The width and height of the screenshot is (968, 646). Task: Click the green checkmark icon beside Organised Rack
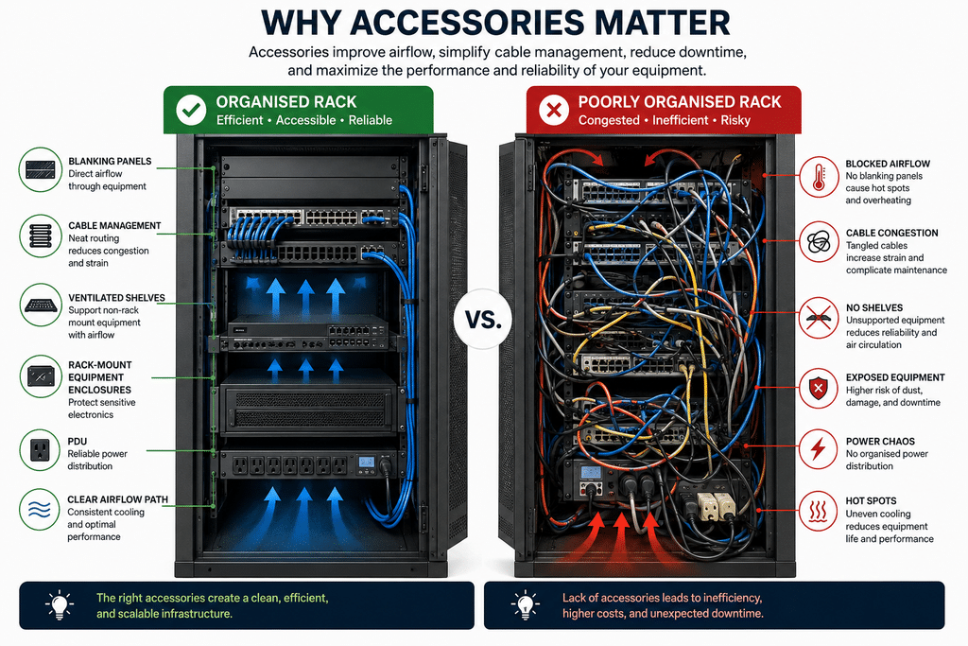tap(191, 110)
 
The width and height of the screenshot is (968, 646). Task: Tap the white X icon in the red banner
tap(554, 110)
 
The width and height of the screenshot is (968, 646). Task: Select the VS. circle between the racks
tap(483, 320)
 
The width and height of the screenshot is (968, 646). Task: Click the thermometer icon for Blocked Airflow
tap(819, 177)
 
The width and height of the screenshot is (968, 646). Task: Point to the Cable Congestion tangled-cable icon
tap(819, 241)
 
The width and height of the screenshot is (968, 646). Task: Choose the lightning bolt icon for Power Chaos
tap(819, 449)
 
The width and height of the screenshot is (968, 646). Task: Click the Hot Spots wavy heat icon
tap(819, 511)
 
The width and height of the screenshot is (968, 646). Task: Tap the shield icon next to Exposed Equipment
tap(819, 388)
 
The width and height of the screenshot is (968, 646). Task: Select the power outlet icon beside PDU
tap(40, 450)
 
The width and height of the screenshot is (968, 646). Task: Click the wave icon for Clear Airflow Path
tap(40, 510)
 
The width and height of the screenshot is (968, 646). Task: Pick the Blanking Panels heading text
tap(110, 161)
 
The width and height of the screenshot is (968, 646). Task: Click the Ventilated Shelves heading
tap(116, 298)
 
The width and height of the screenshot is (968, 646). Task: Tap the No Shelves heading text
tap(874, 307)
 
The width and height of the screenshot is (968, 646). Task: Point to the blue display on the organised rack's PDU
tap(367, 462)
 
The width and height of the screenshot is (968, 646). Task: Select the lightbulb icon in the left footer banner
tap(60, 604)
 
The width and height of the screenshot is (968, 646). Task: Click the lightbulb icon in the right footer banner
tap(526, 604)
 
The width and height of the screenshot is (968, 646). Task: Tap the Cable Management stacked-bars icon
tap(40, 236)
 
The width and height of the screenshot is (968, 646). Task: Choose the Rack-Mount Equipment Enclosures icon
tap(40, 375)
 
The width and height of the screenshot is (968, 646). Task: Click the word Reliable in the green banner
tap(371, 120)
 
